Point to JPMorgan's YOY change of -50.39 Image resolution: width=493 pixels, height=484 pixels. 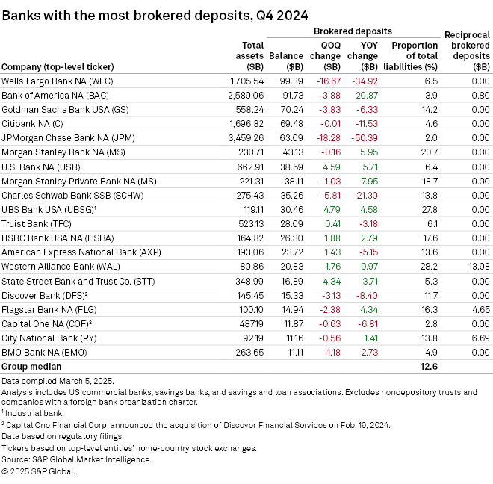[365, 137]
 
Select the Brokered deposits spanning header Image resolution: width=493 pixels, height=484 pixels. [353, 31]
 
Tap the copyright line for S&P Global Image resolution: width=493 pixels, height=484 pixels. [38, 471]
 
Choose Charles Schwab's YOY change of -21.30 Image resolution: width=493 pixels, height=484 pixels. [365, 195]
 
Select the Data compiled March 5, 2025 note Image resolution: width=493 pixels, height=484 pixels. [58, 381]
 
